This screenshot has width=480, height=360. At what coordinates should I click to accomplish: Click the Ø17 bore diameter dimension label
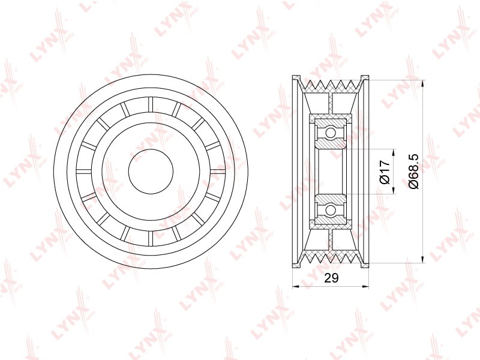click(x=385, y=172)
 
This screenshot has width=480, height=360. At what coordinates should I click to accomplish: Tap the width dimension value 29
click(x=331, y=278)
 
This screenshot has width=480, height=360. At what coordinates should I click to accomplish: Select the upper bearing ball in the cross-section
click(x=331, y=133)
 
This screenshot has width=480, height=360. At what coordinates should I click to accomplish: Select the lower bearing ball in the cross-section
click(x=331, y=210)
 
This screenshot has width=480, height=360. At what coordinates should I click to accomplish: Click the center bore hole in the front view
click(x=151, y=172)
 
